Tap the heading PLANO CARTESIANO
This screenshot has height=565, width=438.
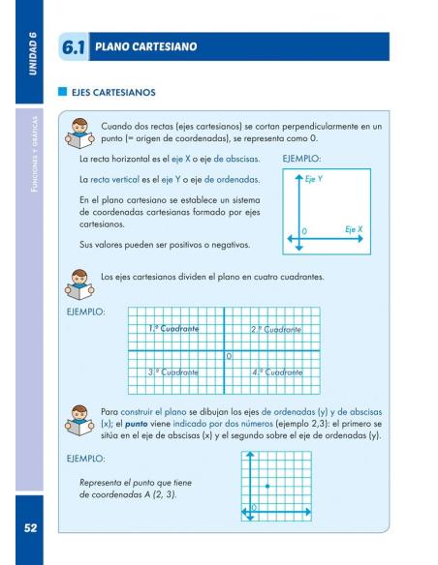coord(145,46)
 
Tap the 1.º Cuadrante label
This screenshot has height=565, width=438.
coord(174,330)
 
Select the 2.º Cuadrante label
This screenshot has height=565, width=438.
coord(276,330)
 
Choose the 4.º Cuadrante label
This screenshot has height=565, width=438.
coord(277,372)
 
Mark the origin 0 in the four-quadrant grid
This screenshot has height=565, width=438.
coord(229,358)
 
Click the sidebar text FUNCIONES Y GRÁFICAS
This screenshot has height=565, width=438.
coord(31,155)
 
